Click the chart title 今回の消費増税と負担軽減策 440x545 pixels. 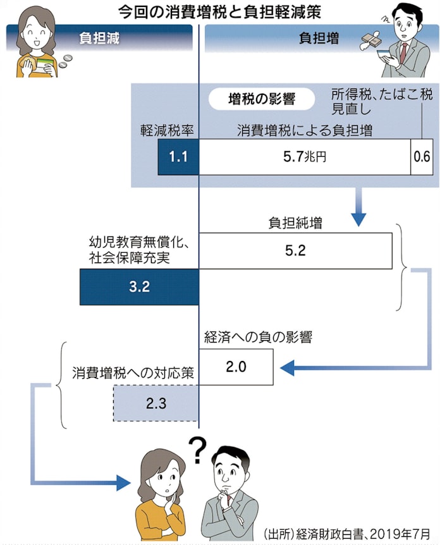[219, 11]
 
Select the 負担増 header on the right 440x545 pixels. [319, 38]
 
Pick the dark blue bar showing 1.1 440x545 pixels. [178, 156]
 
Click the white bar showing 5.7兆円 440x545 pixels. [304, 156]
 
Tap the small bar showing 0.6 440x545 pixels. [422, 156]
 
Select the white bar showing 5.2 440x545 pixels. [295, 250]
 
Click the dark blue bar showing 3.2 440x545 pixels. [139, 286]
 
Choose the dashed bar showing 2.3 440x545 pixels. [156, 403]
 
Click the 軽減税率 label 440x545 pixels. [166, 130]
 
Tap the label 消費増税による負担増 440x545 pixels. [304, 130]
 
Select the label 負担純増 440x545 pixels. [295, 223]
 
